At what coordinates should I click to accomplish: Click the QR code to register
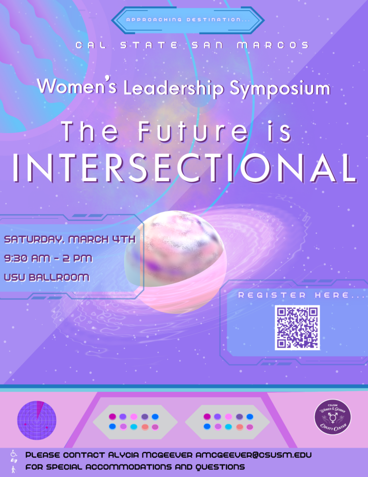pyautogui.click(x=297, y=327)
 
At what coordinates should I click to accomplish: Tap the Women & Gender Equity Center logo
pyautogui.click(x=333, y=417)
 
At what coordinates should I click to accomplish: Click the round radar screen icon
pyautogui.click(x=37, y=420)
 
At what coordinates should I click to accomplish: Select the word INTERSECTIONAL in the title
pyautogui.click(x=185, y=168)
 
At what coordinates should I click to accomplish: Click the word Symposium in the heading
pyautogui.click(x=280, y=88)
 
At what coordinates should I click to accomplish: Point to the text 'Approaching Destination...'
pyautogui.click(x=188, y=20)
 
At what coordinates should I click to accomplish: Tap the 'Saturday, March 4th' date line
pyautogui.click(x=70, y=239)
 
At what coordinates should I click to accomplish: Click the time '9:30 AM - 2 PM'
pyautogui.click(x=48, y=258)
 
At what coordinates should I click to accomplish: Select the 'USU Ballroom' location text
pyautogui.click(x=47, y=278)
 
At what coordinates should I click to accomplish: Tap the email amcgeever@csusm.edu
pyautogui.click(x=254, y=455)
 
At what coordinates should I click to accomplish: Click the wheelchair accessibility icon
pyautogui.click(x=13, y=453)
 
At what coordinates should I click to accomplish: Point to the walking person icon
pyautogui.click(x=13, y=470)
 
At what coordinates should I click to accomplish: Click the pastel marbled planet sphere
pyautogui.click(x=175, y=262)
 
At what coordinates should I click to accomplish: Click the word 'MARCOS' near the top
pyautogui.click(x=273, y=45)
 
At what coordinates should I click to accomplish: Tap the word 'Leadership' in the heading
pyautogui.click(x=174, y=88)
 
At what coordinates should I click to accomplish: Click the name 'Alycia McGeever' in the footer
pyautogui.click(x=150, y=455)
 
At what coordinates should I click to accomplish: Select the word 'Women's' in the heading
pyautogui.click(x=77, y=86)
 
